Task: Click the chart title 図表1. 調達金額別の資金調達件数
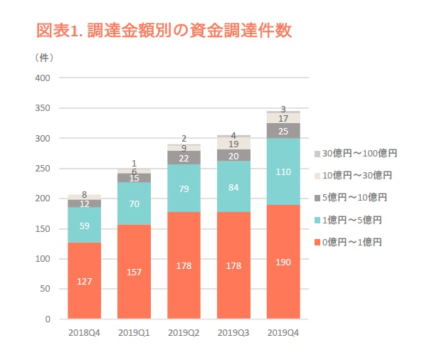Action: click(164, 31)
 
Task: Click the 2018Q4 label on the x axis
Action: click(84, 332)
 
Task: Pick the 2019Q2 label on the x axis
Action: click(184, 332)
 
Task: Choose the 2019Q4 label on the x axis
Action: click(283, 332)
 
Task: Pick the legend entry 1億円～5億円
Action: click(352, 220)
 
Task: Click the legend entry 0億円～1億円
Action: click(352, 242)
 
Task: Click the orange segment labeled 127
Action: click(84, 280)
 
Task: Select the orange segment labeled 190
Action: click(283, 262)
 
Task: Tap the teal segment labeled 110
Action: click(283, 171)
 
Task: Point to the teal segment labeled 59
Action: click(84, 225)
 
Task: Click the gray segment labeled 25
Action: click(283, 131)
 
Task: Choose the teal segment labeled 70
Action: click(134, 203)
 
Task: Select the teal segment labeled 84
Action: click(233, 186)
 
